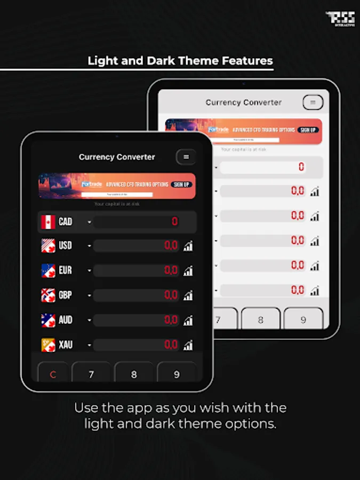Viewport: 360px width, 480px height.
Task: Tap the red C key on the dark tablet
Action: click(53, 374)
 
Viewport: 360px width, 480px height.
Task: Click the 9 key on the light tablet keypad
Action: click(303, 320)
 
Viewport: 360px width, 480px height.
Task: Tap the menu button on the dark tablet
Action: click(186, 157)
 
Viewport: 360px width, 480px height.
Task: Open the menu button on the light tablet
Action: click(313, 102)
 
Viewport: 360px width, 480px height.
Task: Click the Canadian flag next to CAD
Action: click(49, 222)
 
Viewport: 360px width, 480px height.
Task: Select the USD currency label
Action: click(66, 246)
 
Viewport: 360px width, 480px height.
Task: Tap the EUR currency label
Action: click(66, 270)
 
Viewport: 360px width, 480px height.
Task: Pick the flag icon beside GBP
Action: click(49, 295)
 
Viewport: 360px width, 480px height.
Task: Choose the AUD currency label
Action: click(66, 320)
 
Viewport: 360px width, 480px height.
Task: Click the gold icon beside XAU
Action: click(49, 345)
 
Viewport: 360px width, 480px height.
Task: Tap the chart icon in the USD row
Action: click(188, 246)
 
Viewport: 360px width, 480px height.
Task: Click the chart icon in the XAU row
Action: click(188, 345)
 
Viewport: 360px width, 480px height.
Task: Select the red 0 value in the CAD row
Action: click(175, 222)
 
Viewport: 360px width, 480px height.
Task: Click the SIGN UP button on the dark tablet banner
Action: click(181, 185)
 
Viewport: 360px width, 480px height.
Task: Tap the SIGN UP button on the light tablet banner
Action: click(308, 130)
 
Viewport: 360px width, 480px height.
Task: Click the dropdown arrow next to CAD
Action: click(90, 222)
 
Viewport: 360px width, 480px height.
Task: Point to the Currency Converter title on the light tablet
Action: click(244, 102)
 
